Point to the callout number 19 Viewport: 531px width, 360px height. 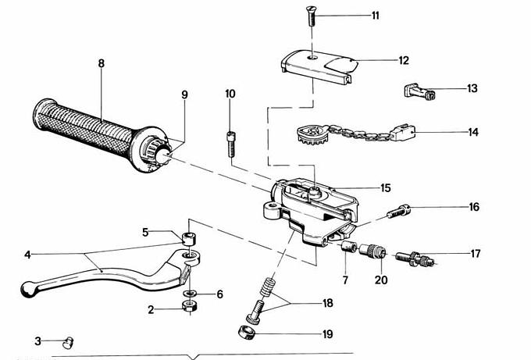327,333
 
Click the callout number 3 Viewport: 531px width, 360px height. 37,340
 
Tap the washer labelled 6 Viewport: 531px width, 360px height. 190,294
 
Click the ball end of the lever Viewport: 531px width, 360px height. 29,289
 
